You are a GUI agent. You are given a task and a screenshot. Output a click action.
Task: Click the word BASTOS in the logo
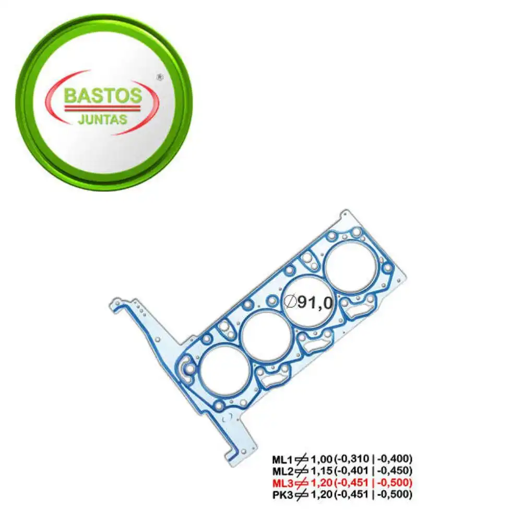pos(102,96)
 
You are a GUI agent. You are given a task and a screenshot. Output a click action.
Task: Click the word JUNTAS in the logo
pos(102,120)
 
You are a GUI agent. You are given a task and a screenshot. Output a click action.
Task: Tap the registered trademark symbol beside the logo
pos(160,77)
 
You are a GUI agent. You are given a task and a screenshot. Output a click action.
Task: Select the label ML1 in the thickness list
pos(282,459)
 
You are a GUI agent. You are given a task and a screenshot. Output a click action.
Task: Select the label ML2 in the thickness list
pos(282,471)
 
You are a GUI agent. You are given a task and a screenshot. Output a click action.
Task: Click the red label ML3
pos(282,482)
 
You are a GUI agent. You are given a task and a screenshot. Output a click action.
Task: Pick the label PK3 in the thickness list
pos(282,494)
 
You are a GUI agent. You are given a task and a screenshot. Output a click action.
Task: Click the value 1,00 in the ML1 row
pos(322,459)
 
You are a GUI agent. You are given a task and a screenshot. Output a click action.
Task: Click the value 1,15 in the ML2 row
pos(322,471)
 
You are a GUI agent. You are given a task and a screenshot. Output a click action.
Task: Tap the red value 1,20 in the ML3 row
pos(322,482)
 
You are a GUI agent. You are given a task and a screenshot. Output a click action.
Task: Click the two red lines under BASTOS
pos(102,108)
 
